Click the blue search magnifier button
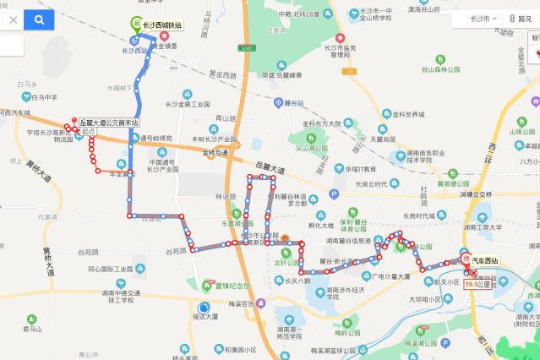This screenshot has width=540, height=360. click(x=39, y=18)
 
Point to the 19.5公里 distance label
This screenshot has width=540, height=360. click(x=477, y=284)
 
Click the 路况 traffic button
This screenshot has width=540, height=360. click(x=519, y=18)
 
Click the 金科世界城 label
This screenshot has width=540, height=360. click(x=406, y=114)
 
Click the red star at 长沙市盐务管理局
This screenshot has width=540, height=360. click(x=341, y=38)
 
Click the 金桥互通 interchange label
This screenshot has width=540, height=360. click(x=215, y=153)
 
